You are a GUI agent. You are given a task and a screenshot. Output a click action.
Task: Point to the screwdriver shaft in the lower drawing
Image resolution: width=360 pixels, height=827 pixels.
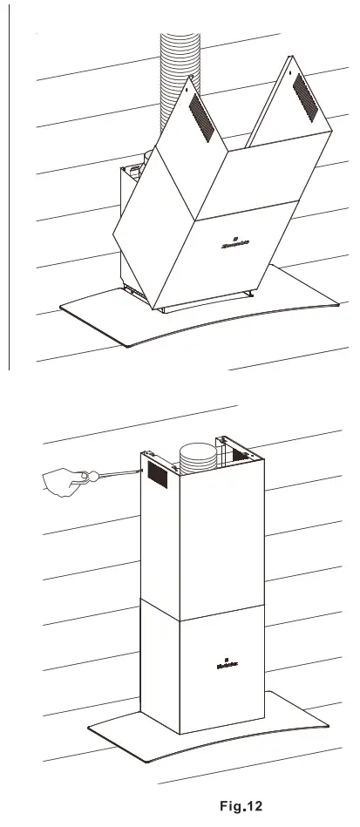point(119,472)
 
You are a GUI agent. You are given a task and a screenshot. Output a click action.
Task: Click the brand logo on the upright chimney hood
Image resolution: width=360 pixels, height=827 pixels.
point(225,664)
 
